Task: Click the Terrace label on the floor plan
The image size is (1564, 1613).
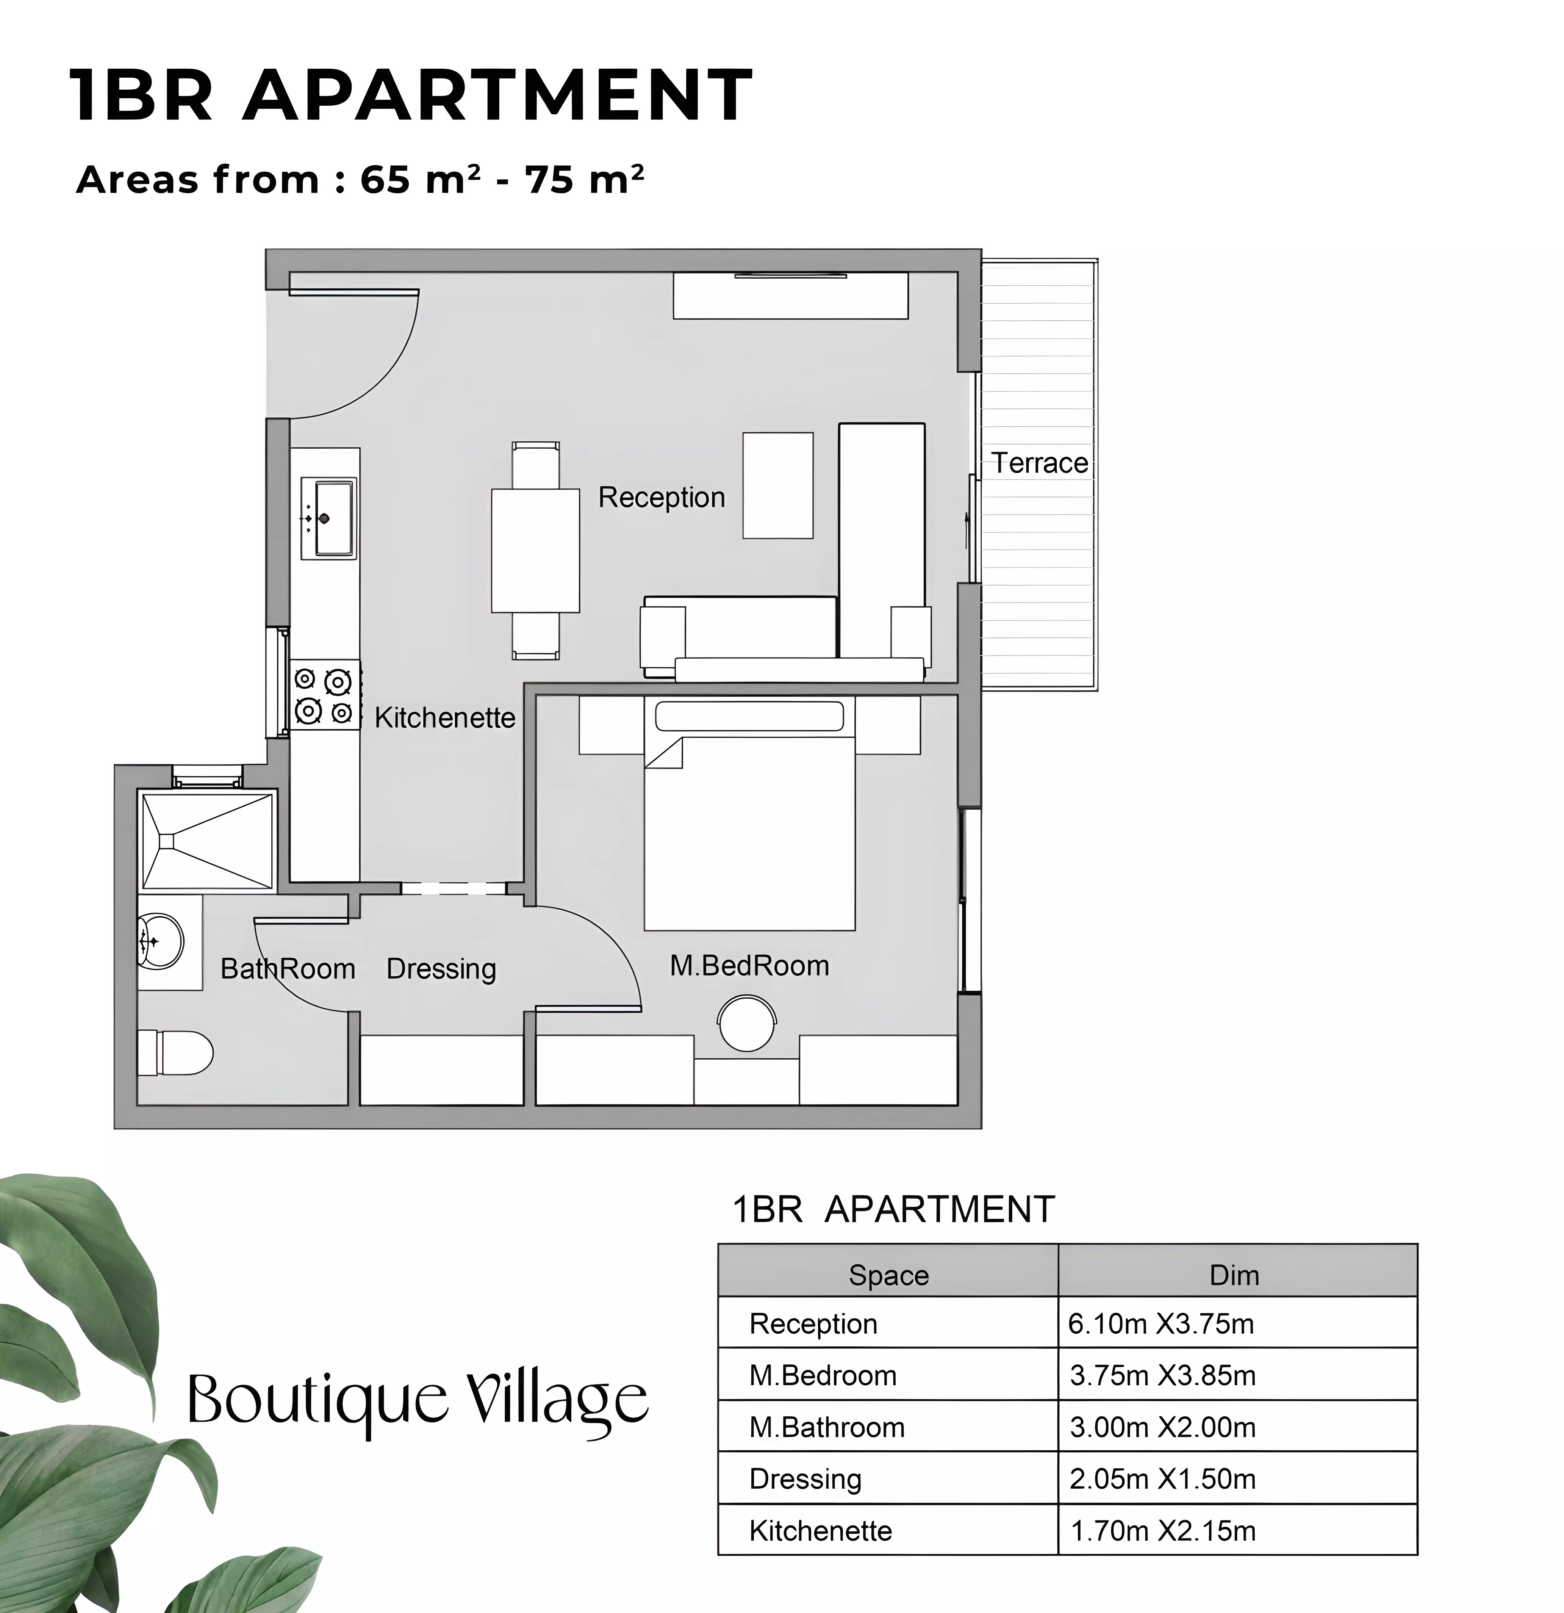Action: pos(1039,464)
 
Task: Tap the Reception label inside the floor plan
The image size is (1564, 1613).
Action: pos(662,498)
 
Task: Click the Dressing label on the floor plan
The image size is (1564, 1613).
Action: pos(441,969)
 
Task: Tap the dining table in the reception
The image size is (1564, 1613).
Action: pos(536,551)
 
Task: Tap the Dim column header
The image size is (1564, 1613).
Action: pos(1234,1275)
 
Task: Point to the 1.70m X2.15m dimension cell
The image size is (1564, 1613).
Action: pos(1162,1531)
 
